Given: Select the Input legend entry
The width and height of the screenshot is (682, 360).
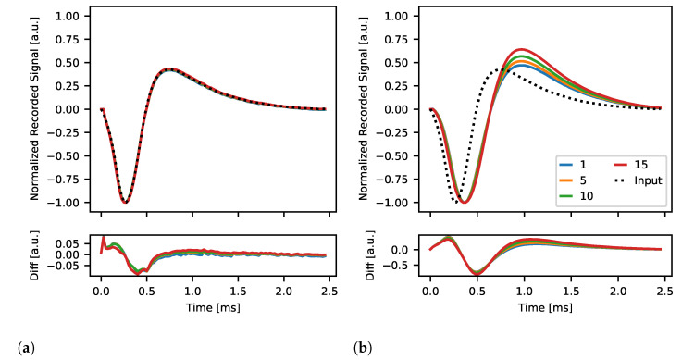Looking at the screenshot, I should tap(635, 180).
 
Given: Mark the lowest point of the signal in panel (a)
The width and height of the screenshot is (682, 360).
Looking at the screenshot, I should tap(126, 202).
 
